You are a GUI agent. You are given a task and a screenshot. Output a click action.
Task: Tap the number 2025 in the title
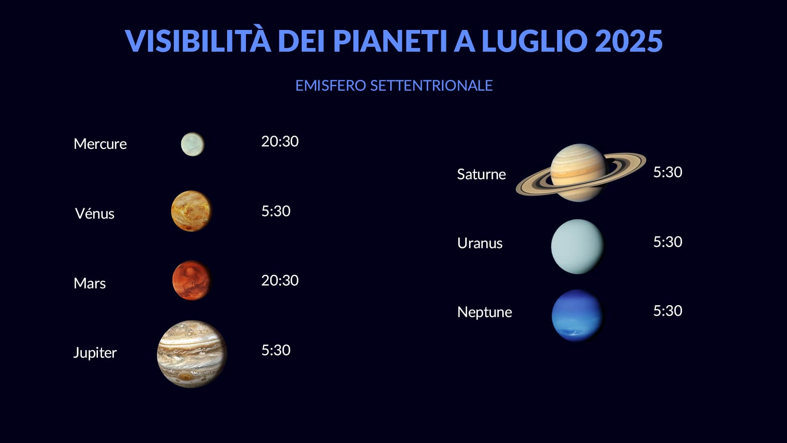[x=628, y=41]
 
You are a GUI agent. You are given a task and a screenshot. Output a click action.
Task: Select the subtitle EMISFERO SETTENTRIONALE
[x=394, y=85]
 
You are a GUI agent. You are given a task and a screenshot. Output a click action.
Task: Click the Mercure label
[x=100, y=144]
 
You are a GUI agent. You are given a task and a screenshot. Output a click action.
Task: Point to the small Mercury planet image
[x=193, y=144]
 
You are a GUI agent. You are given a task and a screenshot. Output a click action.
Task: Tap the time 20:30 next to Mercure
[x=280, y=141]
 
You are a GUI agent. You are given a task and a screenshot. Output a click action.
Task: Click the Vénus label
[x=95, y=213]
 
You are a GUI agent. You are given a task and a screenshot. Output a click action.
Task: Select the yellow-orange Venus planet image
[x=191, y=211]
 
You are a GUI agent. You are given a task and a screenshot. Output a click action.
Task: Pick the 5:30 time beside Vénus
[x=276, y=211]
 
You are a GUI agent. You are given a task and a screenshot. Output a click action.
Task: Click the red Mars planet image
[x=191, y=280]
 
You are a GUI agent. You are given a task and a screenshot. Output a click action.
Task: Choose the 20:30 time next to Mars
[x=280, y=280]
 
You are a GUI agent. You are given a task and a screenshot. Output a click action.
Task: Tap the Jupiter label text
[x=95, y=353]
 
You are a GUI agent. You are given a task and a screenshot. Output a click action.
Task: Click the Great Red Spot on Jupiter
[x=186, y=376]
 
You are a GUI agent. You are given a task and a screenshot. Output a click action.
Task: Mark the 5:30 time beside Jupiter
[x=276, y=350]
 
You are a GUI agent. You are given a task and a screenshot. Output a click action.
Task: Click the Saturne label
[x=481, y=174]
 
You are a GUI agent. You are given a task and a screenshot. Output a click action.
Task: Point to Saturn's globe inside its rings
[x=578, y=172]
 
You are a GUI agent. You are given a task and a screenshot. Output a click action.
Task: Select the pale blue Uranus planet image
[x=578, y=247]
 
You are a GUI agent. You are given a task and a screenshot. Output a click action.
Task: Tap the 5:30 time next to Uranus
[x=668, y=242]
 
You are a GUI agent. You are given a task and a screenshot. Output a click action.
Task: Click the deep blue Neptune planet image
[x=578, y=315]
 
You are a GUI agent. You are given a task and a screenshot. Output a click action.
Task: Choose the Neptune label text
[x=484, y=312]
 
